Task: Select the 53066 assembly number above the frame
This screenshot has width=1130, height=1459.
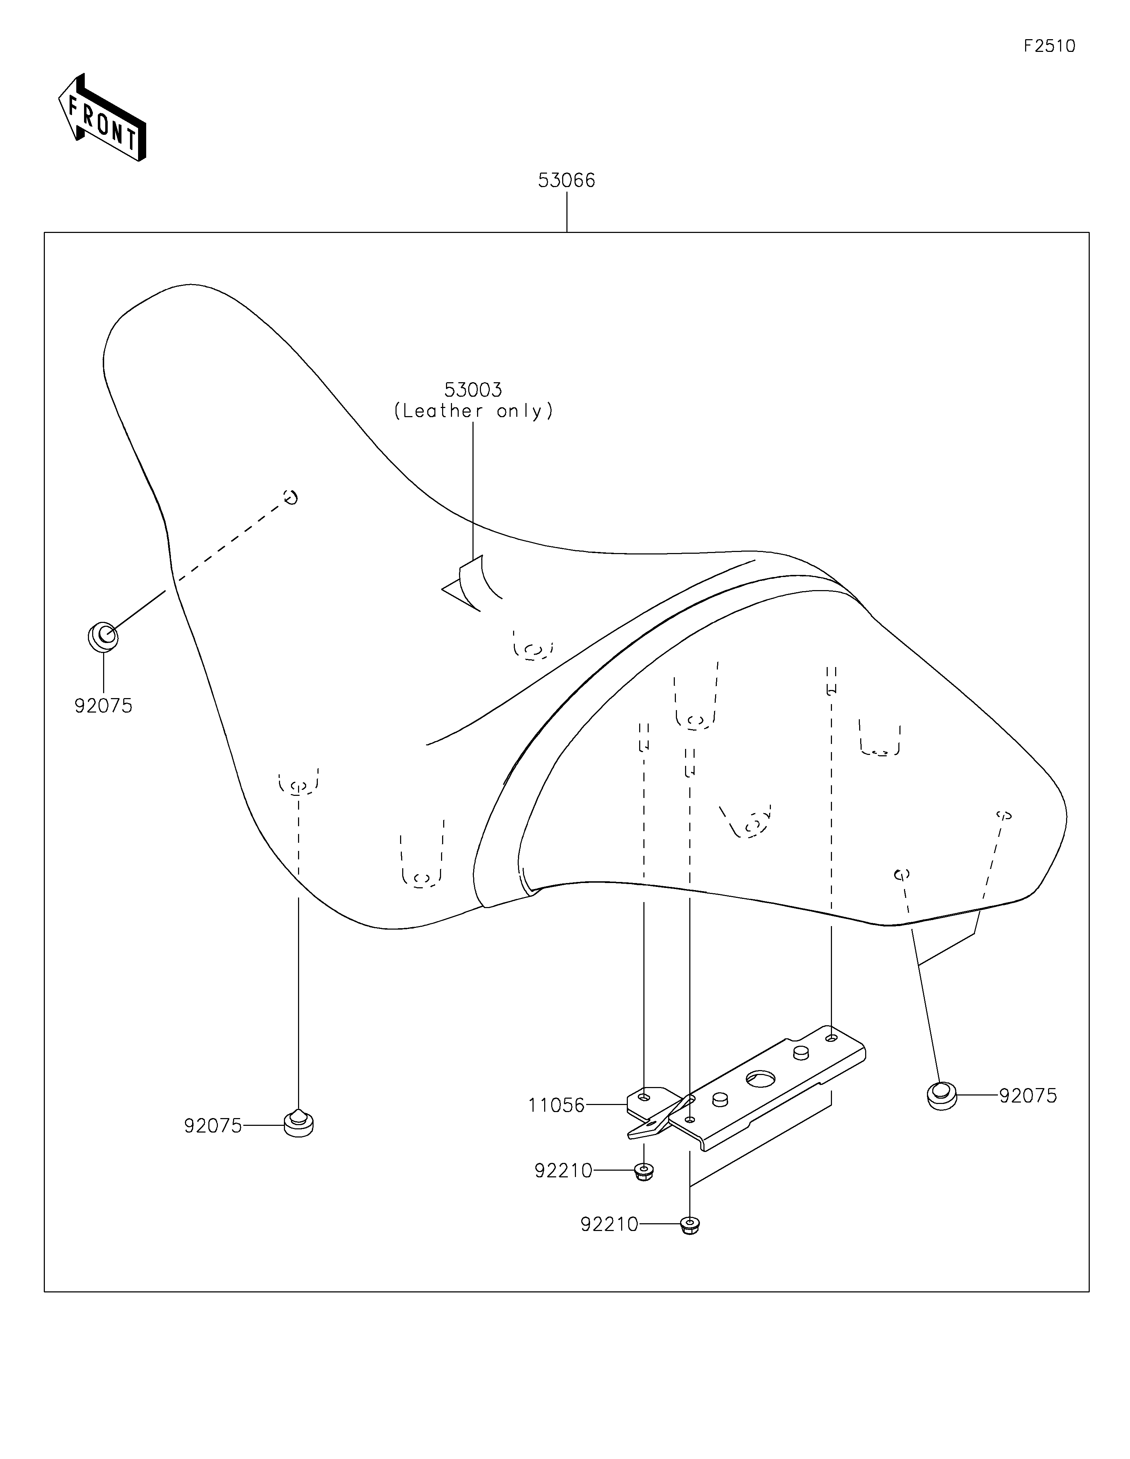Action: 567,180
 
